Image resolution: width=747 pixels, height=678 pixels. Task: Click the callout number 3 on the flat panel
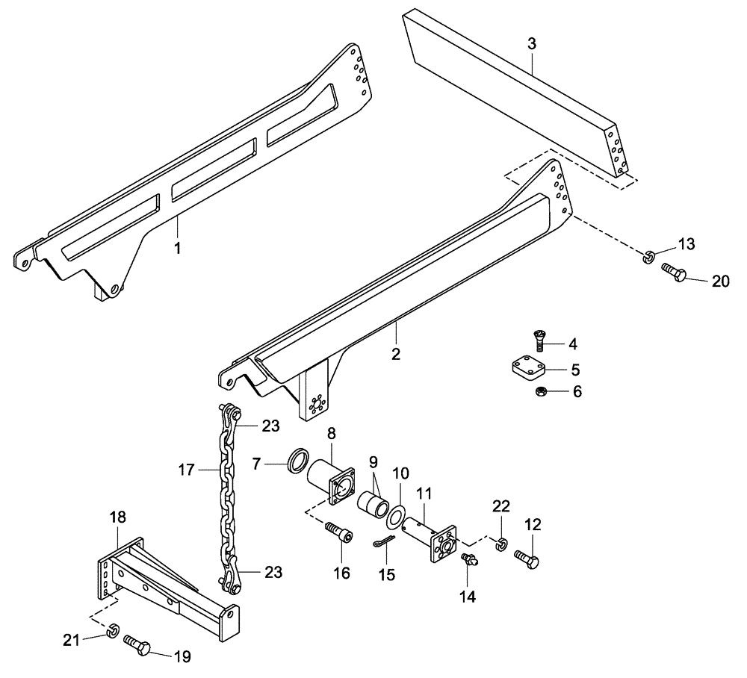[x=531, y=44]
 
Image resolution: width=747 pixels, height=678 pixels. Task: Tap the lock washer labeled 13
[x=648, y=258]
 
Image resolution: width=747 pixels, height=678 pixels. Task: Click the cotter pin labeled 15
[x=382, y=544]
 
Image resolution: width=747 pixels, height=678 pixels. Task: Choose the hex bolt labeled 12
[x=528, y=557]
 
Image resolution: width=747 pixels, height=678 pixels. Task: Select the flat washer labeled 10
[x=397, y=513]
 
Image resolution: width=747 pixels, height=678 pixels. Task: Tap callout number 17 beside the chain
[x=187, y=470]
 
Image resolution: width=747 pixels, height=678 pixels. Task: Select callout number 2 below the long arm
[x=396, y=352]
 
